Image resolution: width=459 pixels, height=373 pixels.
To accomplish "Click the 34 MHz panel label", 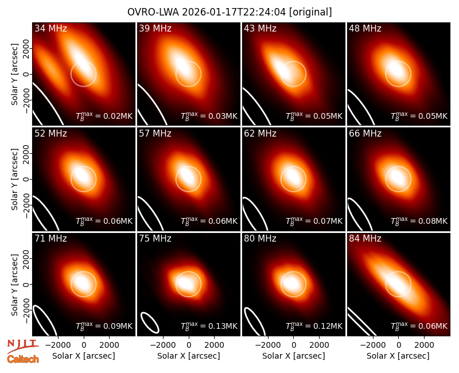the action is pos(50,28).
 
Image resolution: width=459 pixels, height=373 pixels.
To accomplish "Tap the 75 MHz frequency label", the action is pos(155,238).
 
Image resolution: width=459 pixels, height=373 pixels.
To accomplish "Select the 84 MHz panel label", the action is pos(365,238).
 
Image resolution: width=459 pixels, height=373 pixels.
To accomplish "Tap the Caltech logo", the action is pos(23,359).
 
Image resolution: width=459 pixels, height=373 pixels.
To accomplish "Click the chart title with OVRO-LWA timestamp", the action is pos(229,12).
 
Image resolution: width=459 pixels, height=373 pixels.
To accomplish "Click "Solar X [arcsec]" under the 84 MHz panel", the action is pos(398,356).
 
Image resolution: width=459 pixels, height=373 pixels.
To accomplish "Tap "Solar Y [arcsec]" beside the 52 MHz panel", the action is pos(15,179).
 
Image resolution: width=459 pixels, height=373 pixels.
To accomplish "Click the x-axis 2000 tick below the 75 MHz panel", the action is pos(214,345).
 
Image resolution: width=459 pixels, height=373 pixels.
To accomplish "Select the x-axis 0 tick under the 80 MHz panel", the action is pos(294,345).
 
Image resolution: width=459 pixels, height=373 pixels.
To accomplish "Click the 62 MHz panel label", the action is pos(260,134).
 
